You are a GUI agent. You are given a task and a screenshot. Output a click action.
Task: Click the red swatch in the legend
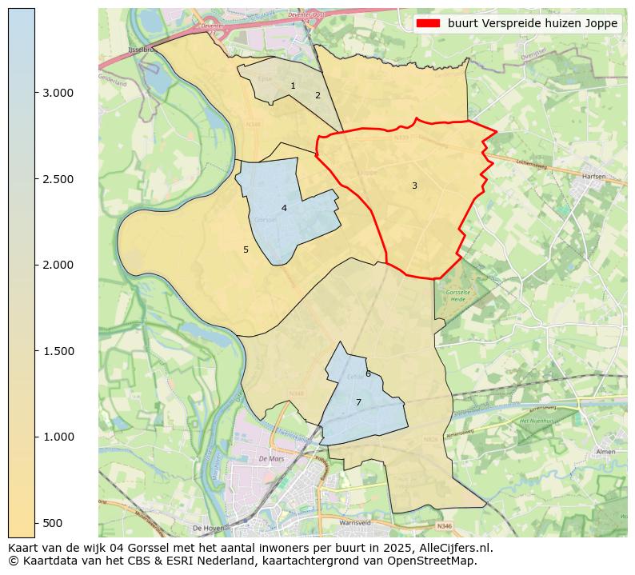click(429, 24)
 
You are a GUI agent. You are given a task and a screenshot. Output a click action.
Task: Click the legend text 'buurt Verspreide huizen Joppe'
click(533, 24)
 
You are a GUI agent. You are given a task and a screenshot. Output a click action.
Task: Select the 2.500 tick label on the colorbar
click(57, 179)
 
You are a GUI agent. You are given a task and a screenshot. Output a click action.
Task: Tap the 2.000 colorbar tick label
click(57, 265)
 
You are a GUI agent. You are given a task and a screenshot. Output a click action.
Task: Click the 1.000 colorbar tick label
click(57, 437)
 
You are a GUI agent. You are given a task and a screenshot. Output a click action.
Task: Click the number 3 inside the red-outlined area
click(414, 186)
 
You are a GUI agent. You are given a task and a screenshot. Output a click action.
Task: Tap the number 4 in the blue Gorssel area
click(284, 208)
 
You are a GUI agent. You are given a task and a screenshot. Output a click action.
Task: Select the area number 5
click(246, 250)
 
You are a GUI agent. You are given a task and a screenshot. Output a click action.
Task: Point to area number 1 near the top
click(293, 86)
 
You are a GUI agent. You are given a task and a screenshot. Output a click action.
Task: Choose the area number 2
click(317, 95)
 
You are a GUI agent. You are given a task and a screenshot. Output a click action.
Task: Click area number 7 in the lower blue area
click(358, 402)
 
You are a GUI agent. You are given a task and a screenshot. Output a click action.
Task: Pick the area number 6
click(368, 373)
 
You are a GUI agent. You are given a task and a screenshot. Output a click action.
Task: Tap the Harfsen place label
click(593, 176)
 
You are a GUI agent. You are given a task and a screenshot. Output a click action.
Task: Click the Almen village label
click(605, 452)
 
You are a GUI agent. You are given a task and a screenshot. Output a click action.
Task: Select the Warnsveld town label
click(355, 525)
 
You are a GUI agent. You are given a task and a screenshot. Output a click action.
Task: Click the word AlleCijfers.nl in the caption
click(452, 548)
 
